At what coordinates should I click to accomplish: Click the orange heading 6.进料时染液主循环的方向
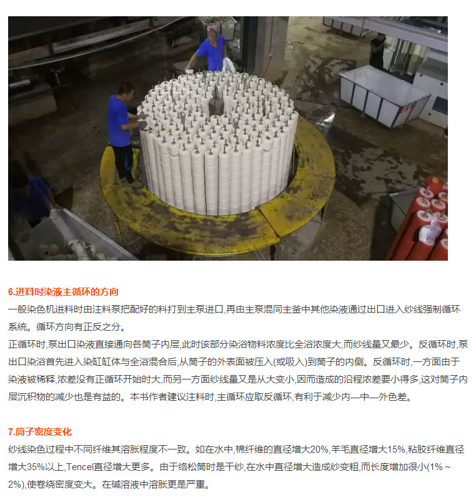(63, 292)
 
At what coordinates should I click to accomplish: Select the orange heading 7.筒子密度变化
(40, 432)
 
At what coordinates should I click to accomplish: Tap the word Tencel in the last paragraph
(79, 467)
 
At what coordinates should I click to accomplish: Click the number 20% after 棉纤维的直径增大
(319, 449)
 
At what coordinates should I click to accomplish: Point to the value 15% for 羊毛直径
(396, 449)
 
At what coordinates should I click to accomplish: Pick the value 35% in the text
(36, 467)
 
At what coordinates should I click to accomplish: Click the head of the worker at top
(213, 33)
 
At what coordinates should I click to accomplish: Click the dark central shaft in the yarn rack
(216, 101)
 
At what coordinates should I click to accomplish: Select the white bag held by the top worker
(228, 65)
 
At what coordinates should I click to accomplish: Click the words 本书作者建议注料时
(172, 397)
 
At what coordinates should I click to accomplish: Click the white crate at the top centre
(219, 26)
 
